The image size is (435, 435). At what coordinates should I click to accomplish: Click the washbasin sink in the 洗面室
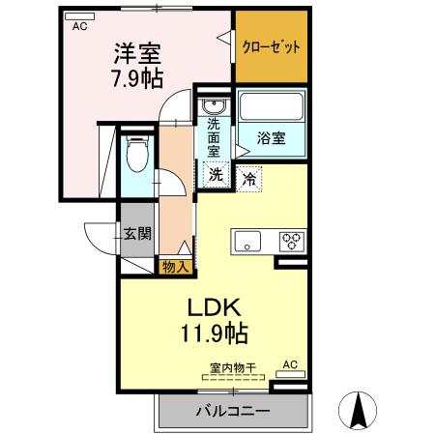pos(214,105)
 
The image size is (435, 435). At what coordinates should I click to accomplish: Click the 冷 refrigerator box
pos(248,178)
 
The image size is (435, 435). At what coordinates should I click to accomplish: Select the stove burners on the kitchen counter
pos(291,241)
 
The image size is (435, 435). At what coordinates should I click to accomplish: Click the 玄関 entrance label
pos(137,232)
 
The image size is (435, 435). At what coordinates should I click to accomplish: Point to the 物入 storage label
pos(175,267)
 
